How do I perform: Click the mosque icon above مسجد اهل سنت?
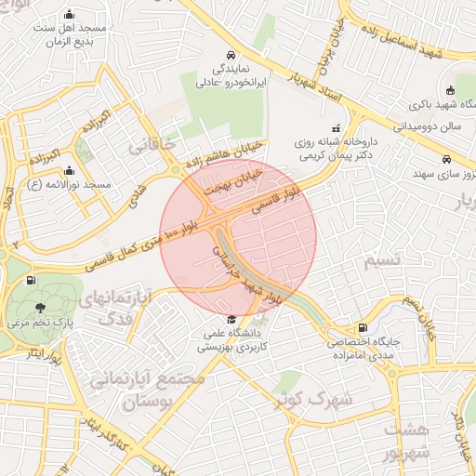click(x=70, y=15)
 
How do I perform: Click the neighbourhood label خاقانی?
click(x=151, y=145)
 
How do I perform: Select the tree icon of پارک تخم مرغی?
click(x=40, y=308)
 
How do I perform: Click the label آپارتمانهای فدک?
click(x=111, y=306)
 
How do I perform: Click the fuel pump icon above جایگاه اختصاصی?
click(x=362, y=327)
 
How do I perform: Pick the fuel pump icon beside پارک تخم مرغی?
click(x=32, y=279)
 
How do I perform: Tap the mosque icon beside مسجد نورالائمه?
click(x=69, y=170)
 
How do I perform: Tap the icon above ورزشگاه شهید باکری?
click(x=451, y=90)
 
